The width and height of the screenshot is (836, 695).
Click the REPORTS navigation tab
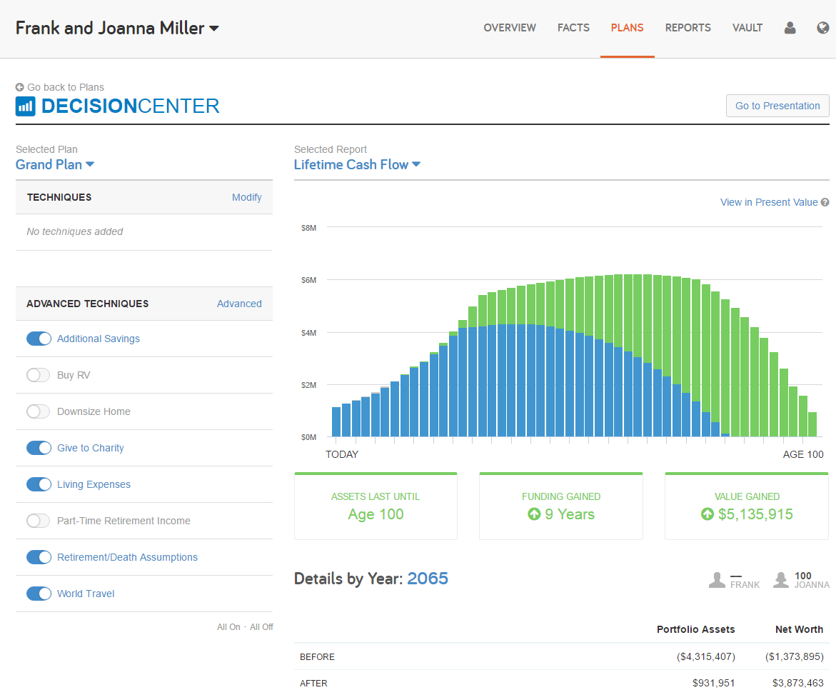pos(688,28)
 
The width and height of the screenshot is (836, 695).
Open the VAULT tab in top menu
pos(747,28)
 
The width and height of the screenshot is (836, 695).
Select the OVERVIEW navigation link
pos(509,28)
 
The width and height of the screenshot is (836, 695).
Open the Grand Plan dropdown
pos(55,164)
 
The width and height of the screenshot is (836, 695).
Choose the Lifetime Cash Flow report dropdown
pos(357,164)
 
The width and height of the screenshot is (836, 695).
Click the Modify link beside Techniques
pos(246,197)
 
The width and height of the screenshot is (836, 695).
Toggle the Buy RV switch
pos(39,375)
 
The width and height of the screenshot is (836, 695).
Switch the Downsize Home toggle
pos(39,411)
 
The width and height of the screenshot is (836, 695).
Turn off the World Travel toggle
pos(39,594)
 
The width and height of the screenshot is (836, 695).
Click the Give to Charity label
pos(91,448)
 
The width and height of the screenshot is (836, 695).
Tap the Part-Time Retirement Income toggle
pos(39,521)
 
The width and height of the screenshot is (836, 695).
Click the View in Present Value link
pos(768,202)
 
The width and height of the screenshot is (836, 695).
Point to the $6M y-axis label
pos(308,280)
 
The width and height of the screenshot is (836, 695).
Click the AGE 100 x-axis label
pos(802,454)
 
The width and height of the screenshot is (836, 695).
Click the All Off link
pos(261,626)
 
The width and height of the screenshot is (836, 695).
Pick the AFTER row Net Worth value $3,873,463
pos(797,683)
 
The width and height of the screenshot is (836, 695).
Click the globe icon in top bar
pos(822,28)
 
